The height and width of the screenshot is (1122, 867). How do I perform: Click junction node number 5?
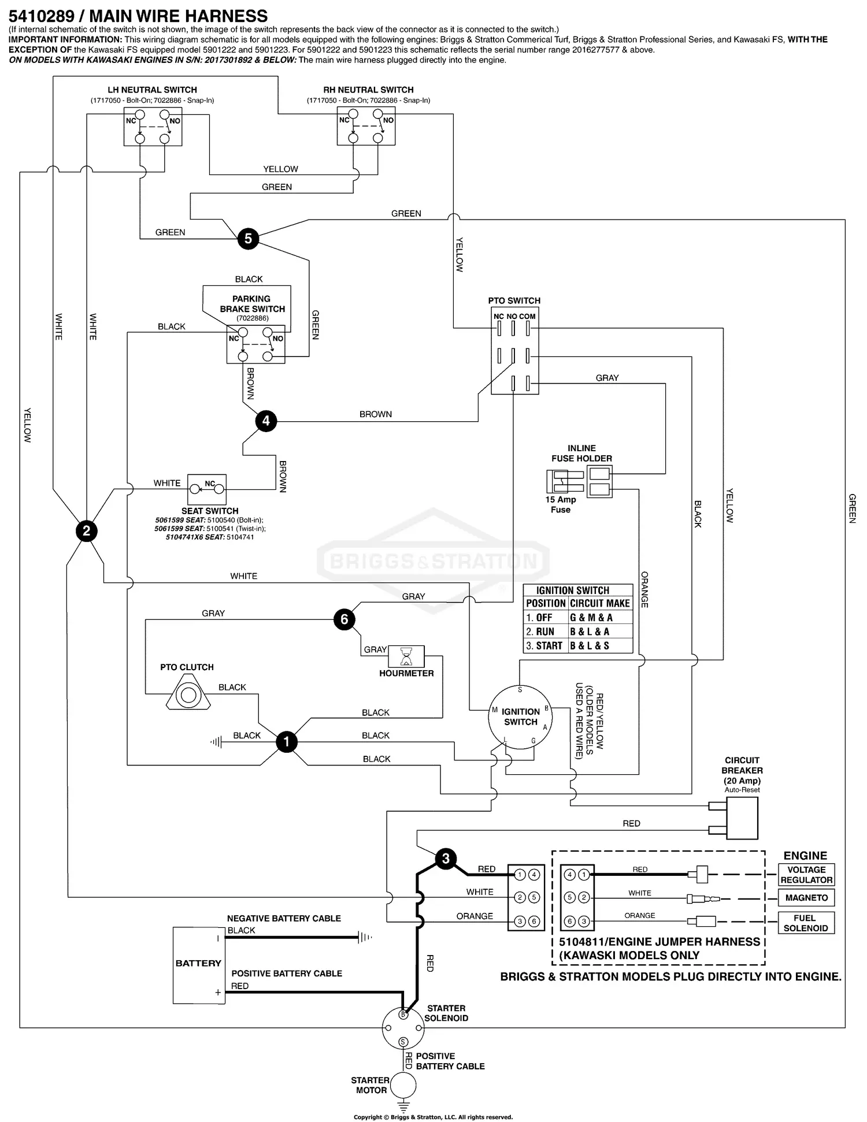click(248, 238)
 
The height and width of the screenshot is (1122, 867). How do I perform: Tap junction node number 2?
click(87, 531)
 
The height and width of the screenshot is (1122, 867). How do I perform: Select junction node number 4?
click(266, 421)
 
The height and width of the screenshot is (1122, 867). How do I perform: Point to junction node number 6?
click(344, 619)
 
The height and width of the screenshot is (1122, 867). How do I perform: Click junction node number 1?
click(286, 742)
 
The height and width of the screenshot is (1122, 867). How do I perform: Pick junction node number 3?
click(446, 859)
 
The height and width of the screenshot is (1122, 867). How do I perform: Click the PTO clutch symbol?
click(188, 694)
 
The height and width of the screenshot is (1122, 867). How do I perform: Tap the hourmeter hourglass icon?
click(406, 657)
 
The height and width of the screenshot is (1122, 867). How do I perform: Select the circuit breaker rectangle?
click(742, 818)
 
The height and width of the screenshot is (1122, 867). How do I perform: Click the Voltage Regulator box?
click(806, 875)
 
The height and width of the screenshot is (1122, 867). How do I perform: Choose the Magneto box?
click(806, 898)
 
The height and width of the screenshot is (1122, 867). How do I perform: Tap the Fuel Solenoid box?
click(806, 923)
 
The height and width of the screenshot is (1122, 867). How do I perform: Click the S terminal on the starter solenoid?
click(403, 1042)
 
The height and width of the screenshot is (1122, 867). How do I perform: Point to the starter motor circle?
click(403, 1086)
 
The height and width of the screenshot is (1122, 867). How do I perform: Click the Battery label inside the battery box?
click(198, 963)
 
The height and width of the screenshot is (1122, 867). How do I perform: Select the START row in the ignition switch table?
click(577, 646)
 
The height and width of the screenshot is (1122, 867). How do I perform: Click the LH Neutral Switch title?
click(152, 90)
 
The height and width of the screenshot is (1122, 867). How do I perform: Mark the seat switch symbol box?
click(207, 489)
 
